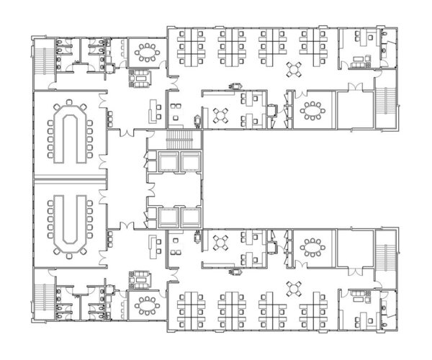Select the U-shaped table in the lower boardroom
[70, 224]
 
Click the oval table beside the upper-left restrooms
[148, 52]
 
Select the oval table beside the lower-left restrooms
[148, 305]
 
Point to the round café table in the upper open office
[294, 70]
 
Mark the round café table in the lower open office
[294, 288]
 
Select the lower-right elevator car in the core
[190, 215]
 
